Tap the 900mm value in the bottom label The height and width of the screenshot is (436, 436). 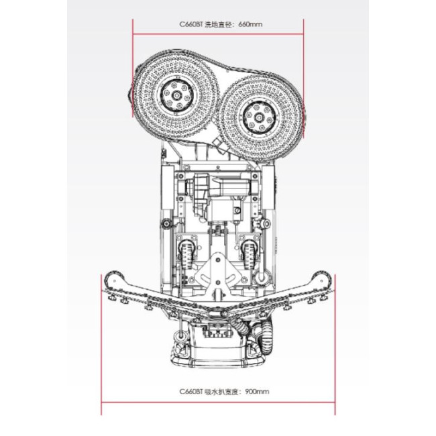click(257, 392)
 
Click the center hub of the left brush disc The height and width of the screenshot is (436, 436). click(176, 95)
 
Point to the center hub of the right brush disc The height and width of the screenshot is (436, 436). click(259, 118)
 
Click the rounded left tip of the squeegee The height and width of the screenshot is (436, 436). click(115, 278)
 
